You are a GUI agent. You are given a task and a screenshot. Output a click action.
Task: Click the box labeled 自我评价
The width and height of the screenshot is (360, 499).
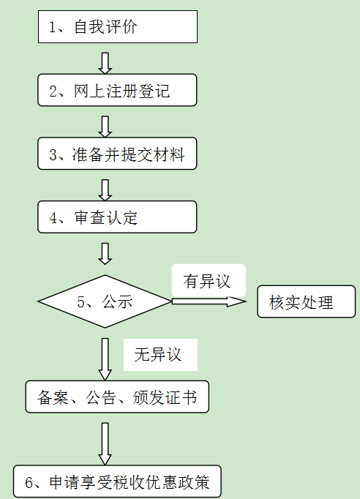click(x=118, y=27)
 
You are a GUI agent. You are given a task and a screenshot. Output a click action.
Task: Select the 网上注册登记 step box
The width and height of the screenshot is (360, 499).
click(x=117, y=90)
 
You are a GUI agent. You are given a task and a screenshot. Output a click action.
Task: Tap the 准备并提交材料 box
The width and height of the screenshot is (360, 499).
click(x=117, y=154)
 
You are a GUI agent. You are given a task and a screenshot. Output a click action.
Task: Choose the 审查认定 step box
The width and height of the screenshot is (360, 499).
click(x=117, y=217)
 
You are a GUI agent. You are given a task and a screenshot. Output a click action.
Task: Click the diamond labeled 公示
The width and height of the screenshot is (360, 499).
click(x=105, y=301)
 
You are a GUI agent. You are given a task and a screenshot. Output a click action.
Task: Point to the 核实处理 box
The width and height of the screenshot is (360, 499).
click(x=306, y=301)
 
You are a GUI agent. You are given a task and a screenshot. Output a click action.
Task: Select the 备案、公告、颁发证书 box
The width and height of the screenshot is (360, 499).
click(x=117, y=397)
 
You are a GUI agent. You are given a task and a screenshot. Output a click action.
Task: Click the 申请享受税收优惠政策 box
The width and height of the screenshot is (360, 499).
click(x=117, y=481)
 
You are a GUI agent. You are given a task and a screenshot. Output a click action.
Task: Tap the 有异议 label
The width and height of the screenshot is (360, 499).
click(x=206, y=281)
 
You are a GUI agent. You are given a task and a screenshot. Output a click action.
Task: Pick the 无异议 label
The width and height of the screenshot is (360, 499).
click(x=158, y=355)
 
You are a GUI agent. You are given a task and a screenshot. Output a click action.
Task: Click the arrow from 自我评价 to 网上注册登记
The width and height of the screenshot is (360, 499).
click(x=105, y=63)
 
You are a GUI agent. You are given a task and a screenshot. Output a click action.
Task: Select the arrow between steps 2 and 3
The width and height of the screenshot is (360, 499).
click(x=105, y=127)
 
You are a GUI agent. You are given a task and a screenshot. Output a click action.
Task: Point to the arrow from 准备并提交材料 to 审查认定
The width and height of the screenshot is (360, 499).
click(x=105, y=190)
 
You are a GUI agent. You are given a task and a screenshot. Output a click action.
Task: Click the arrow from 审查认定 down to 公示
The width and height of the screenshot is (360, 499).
click(x=105, y=254)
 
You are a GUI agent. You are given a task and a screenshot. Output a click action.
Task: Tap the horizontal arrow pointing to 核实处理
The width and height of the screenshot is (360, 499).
click(x=209, y=301)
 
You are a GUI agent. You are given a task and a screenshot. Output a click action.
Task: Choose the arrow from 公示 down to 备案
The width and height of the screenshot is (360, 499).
click(x=105, y=359)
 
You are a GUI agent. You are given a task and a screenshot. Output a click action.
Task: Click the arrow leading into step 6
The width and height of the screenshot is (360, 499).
click(x=105, y=444)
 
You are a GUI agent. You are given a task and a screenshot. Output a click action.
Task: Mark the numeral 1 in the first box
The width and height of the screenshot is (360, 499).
click(x=53, y=27)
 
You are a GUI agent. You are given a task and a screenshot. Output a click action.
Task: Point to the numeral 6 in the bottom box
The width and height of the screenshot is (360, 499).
click(x=29, y=483)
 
